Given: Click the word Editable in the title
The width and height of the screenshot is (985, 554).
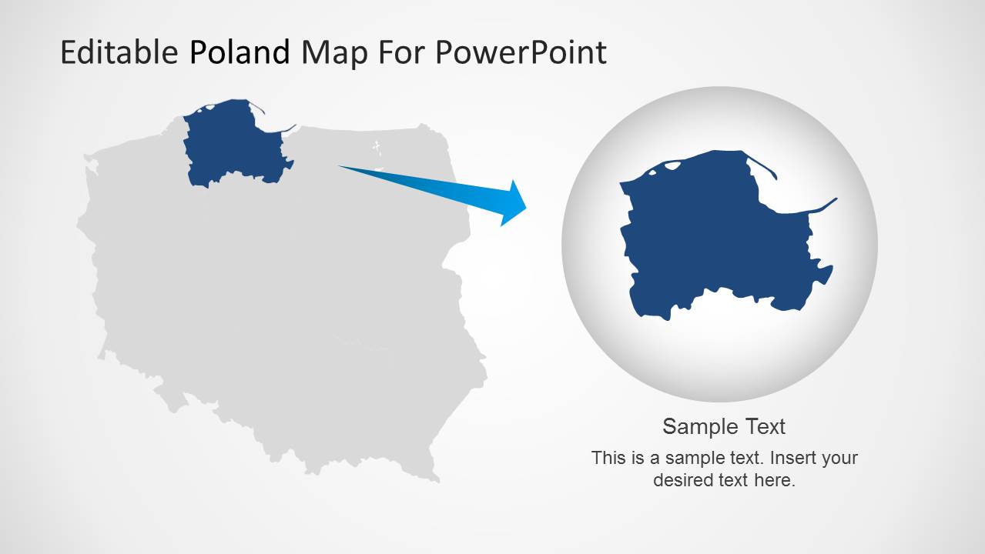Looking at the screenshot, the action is point(119,52).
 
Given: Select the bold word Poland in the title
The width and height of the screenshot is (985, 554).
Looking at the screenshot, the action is point(240,52).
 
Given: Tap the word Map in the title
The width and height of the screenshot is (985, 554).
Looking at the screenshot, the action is point(335,55).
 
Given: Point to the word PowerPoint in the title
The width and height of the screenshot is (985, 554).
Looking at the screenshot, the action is point(521,53).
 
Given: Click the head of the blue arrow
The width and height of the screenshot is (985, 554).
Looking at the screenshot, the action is point(515,203).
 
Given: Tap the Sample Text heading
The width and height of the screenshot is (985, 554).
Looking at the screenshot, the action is point(724,426).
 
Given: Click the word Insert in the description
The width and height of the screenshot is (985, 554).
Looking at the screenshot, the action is point(790,458).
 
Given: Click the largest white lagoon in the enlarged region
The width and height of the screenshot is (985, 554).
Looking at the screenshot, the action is point(672,165).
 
